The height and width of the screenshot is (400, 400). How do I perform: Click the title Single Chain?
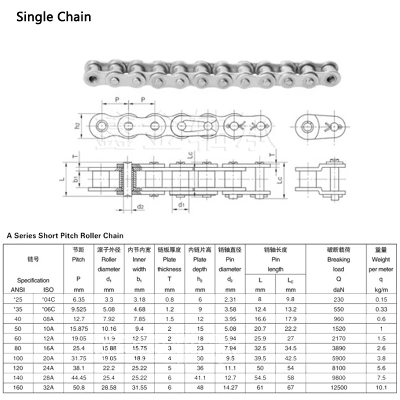[x=53, y=16]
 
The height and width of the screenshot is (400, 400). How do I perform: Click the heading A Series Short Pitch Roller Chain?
[x=64, y=235]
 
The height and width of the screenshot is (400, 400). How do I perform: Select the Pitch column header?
[x=78, y=259]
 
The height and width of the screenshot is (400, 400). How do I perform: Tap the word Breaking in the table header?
[x=338, y=259]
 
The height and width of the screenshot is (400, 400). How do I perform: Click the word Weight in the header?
[x=381, y=259]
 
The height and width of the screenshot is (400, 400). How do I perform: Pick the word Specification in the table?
[x=33, y=280]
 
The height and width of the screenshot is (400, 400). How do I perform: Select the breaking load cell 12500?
[x=338, y=386]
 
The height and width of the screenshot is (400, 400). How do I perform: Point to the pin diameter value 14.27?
[x=230, y=386]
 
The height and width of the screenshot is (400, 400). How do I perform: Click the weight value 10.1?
[x=381, y=386]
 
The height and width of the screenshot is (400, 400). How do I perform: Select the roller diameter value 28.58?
[x=109, y=386]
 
